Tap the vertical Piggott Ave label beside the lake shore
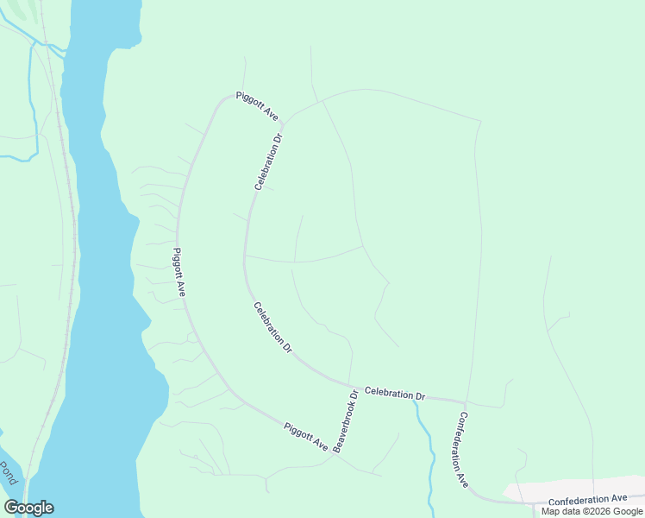180,273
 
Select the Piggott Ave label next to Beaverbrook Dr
306,437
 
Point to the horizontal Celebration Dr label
395,394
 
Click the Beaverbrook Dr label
346,421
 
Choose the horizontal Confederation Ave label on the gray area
587,499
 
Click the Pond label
8,473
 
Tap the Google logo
28,508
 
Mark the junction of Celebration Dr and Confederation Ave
465,402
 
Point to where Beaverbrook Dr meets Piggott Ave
332,456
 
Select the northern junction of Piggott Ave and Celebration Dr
283,123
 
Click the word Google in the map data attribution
628,511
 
